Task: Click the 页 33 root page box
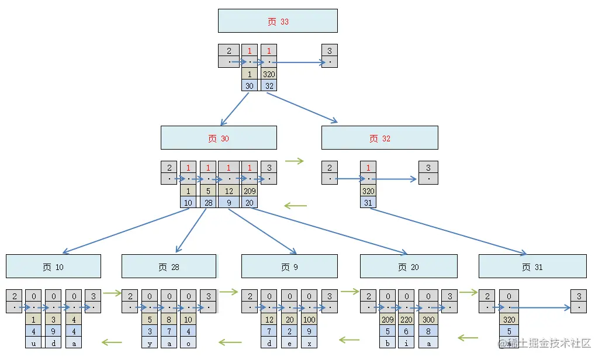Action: [278, 21]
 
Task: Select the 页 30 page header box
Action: [219, 138]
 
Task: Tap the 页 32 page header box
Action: [379, 138]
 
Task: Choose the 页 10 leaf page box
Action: [53, 266]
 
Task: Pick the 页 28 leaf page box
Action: [169, 266]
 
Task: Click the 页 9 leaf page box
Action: [289, 266]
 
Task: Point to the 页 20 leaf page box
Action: [408, 266]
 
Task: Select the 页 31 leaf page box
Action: [532, 266]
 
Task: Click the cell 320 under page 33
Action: [269, 74]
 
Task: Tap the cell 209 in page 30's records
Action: [249, 191]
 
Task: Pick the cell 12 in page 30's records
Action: [229, 191]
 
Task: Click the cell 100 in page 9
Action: [309, 320]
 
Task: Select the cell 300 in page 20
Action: [428, 320]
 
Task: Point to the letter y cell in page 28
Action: [150, 343]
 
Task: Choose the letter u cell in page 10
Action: [34, 343]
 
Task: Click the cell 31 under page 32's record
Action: [368, 202]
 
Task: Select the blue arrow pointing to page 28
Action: [191, 231]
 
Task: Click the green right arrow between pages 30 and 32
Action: [295, 161]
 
